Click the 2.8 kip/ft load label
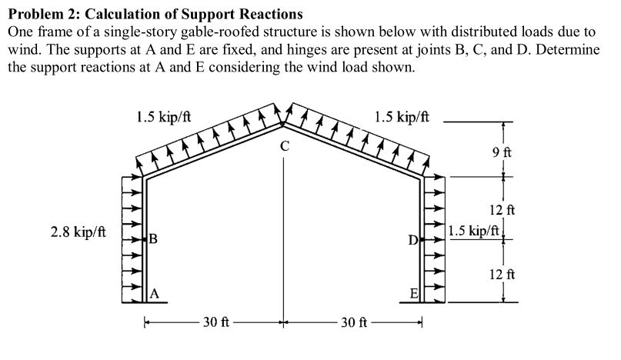point(78,231)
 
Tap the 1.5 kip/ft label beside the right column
point(474,230)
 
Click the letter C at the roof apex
point(285,145)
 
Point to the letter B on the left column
point(153,239)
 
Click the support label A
point(155,293)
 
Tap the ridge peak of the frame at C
point(283,122)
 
